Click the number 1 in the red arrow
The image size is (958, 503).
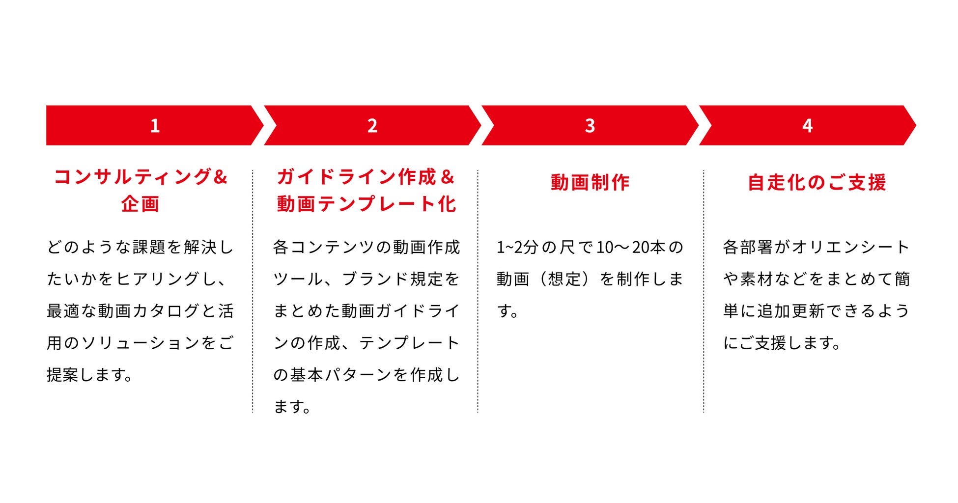click(x=155, y=126)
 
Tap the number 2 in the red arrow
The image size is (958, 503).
click(x=372, y=126)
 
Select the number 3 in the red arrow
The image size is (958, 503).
click(x=590, y=126)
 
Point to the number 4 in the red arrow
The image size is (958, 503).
click(x=807, y=126)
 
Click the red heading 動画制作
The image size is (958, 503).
click(x=590, y=182)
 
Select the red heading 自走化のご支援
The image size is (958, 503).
click(x=817, y=182)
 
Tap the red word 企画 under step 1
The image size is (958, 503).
click(x=141, y=204)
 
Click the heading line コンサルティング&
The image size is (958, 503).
click(x=141, y=177)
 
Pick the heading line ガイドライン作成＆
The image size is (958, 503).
click(x=366, y=177)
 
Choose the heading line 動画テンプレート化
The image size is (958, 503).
click(x=366, y=204)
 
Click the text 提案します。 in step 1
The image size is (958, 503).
click(x=89, y=375)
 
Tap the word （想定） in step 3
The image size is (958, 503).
click(x=564, y=279)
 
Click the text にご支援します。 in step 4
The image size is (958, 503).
click(x=781, y=343)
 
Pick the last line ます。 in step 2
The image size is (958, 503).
click(x=292, y=407)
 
